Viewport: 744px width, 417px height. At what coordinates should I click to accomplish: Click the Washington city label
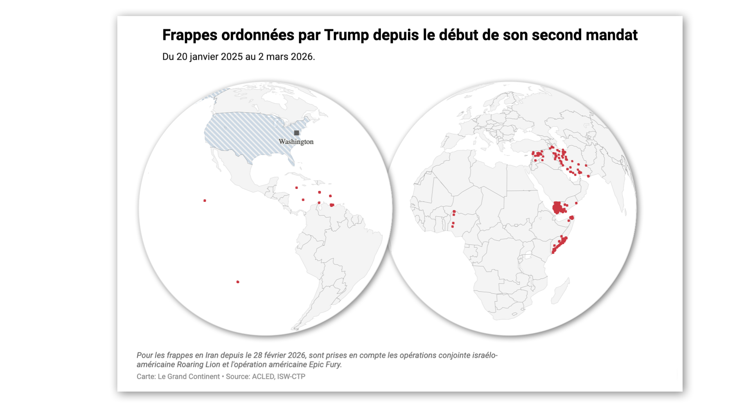[x=296, y=142]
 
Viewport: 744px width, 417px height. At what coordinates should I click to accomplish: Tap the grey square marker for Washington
[x=297, y=133]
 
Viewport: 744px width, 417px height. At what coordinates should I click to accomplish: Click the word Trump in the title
[x=346, y=35]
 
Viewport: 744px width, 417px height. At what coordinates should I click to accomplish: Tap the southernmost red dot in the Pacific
[x=238, y=282]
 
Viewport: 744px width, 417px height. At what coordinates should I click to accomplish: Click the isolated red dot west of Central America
[x=205, y=201]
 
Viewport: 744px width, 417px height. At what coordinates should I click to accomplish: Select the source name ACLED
[x=263, y=377]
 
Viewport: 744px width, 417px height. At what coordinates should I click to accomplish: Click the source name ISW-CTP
[x=291, y=377]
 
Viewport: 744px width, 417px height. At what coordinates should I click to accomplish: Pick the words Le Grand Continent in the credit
[x=189, y=377]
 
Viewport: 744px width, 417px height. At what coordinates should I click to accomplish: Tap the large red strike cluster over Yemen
[x=558, y=207]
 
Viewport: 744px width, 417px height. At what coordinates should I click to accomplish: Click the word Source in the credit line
[x=237, y=377]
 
